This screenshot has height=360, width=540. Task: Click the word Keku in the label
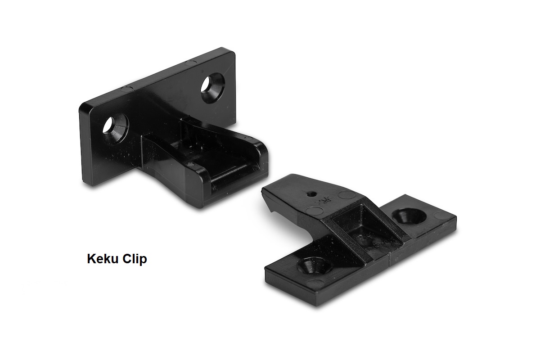pos(103,260)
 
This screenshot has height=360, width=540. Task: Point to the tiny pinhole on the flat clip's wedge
pos(310,194)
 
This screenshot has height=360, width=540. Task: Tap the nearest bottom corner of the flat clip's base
pos(319,303)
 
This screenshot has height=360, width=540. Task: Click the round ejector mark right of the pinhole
pos(346,195)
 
